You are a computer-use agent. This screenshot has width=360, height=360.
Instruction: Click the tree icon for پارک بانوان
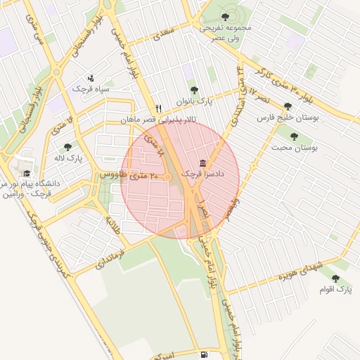click(x=194, y=90)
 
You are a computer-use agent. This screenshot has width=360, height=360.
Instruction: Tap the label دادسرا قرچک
click(x=202, y=173)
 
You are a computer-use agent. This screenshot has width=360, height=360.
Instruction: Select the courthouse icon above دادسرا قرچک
click(x=202, y=162)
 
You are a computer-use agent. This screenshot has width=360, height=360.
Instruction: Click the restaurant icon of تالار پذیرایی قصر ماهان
click(x=158, y=108)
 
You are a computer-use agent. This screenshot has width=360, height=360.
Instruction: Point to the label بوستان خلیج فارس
click(x=288, y=118)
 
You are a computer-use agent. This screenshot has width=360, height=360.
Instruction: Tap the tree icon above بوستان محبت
click(x=294, y=136)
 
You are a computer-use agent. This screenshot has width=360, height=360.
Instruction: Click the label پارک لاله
click(x=70, y=158)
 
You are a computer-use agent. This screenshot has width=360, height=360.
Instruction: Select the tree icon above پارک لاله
click(x=67, y=147)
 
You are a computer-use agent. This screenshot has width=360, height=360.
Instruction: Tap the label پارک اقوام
click(x=334, y=289)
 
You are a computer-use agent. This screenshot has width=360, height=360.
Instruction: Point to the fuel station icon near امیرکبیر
click(x=203, y=355)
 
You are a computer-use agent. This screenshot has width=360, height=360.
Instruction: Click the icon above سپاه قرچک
click(x=90, y=78)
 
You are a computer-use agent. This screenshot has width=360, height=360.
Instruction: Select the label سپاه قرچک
click(x=90, y=89)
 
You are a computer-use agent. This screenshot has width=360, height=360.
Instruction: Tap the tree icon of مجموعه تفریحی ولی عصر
click(x=224, y=15)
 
